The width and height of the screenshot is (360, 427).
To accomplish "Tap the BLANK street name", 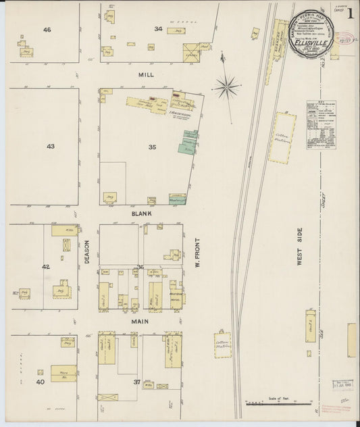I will pos(142,213).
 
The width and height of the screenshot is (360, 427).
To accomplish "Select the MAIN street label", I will pos(139,322).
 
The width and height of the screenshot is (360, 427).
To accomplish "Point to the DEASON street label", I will pos(87,249).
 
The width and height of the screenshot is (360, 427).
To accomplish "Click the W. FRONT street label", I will pos(199,251).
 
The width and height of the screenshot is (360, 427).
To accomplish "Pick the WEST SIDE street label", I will pos(298,250).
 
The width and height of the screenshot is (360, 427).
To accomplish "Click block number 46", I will pos(47,30).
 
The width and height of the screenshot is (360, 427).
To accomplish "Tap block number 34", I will pos(157,28).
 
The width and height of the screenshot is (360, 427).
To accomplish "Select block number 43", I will pos(51,146).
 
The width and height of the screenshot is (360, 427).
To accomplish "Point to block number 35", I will pos(152,146).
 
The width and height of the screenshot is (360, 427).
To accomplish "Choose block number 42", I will pos(46,267).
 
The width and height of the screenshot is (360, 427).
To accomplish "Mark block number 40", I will pos(41,382).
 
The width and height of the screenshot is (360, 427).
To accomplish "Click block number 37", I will pos(137,382).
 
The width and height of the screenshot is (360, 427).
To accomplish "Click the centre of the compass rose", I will pos(227,86).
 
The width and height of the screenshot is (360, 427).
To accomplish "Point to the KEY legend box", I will pos(320,128).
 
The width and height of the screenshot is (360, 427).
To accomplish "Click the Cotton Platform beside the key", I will pos(282,138).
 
